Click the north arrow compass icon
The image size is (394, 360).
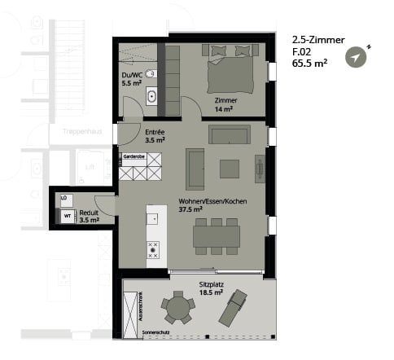click(357, 56)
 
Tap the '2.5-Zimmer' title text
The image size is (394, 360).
click(318, 38)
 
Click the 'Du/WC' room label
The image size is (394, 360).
click(131, 75)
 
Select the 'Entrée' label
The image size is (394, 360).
click(154, 132)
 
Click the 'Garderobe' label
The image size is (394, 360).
click(134, 155)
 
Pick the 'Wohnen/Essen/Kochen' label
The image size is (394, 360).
click(212, 202)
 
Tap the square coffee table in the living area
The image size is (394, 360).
click(230, 169)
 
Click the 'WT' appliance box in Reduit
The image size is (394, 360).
click(68, 216)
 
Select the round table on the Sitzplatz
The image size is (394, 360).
click(177, 307)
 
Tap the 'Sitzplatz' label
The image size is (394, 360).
click(212, 285)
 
